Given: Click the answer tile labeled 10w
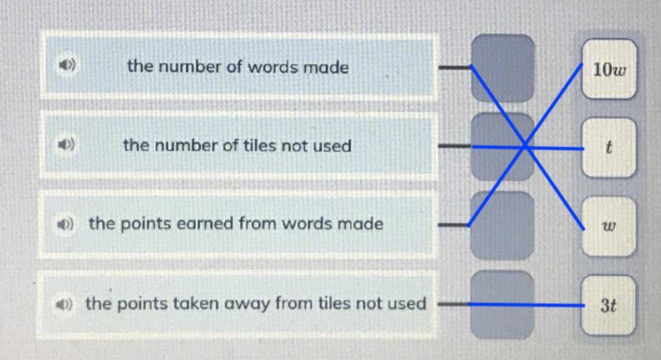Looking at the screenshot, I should tap(610, 69).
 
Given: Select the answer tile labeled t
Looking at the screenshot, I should tap(610, 147).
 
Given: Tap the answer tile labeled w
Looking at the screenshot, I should tap(610, 225).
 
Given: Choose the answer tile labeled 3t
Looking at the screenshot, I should tap(610, 305).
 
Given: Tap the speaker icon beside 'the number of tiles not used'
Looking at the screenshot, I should tap(65, 145).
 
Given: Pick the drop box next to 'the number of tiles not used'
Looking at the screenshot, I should tap(503, 146).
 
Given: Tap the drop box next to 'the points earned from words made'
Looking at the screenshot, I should tap(503, 225).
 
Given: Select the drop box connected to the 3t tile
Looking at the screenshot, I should tap(503, 304).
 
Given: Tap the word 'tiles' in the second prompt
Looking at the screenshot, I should tap(249, 146).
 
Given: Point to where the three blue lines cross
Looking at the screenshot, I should tap(525, 146).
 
